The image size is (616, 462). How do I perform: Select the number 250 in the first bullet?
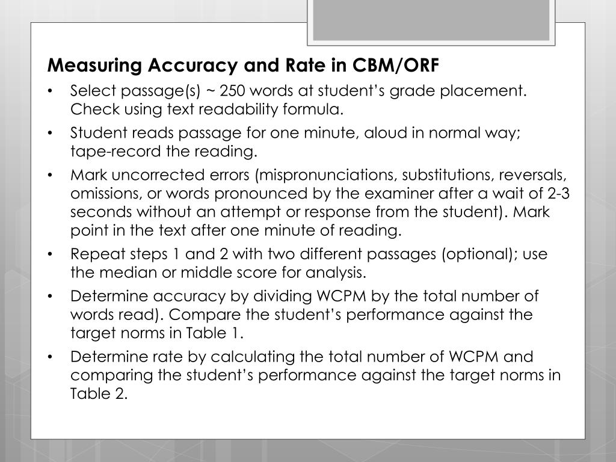tap(232, 91)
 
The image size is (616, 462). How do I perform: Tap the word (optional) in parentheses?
tap(476, 254)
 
